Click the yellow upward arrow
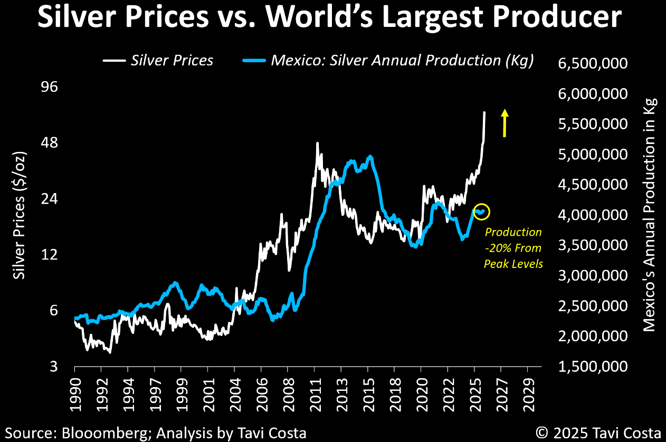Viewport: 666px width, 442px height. point(505,123)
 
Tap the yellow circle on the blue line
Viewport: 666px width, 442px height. point(481,212)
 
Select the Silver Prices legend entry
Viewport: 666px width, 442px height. point(158,60)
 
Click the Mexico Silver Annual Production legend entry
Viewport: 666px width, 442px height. point(388,60)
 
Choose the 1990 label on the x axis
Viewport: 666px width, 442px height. point(74,389)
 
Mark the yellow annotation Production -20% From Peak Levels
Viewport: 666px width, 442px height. point(513,248)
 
